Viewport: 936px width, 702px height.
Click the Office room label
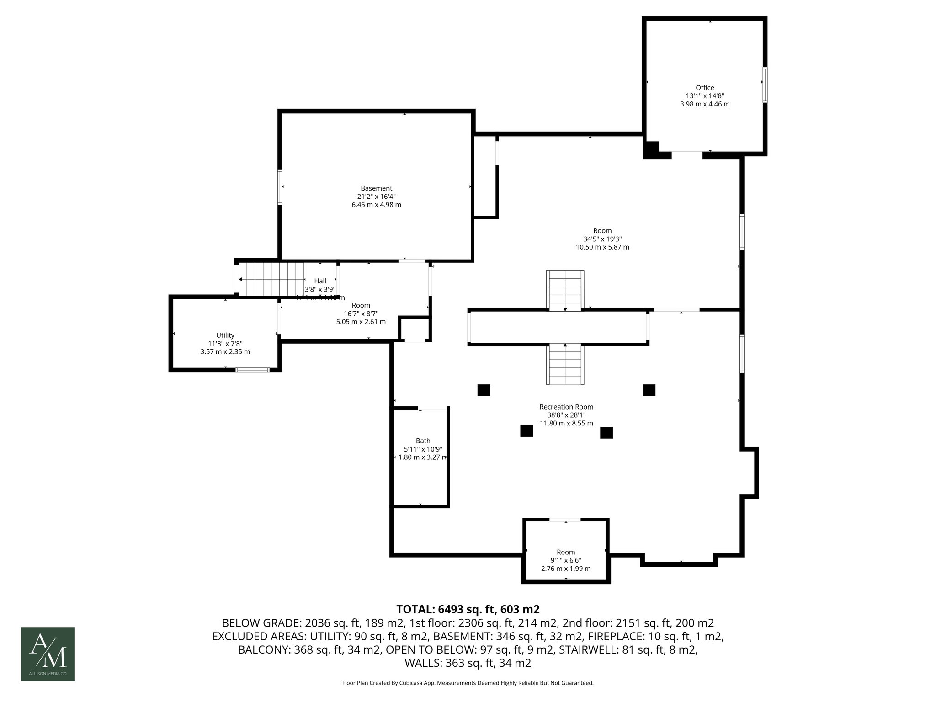tap(704, 88)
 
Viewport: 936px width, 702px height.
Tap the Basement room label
tap(376, 188)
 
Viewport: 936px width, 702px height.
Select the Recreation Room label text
tap(566, 407)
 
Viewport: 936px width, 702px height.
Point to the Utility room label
tap(225, 335)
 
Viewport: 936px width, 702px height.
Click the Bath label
tap(423, 441)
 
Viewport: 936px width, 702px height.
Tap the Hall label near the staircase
tap(320, 281)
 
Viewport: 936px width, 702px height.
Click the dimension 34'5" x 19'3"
tap(602, 239)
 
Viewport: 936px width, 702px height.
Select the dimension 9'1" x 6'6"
tap(566, 560)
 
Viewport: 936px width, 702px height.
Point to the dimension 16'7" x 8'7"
tap(361, 314)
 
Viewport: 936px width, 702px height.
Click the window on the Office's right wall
tap(765, 85)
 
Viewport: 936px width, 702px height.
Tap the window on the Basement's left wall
tap(280, 186)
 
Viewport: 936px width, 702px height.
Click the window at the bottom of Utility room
tap(252, 370)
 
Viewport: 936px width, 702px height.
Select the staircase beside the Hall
tap(272, 279)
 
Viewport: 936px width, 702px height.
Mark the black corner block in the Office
tap(651, 149)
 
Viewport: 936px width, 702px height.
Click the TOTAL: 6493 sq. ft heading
tap(468, 609)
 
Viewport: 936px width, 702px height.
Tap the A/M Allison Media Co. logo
tap(48, 654)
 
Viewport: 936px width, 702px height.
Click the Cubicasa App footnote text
tap(468, 683)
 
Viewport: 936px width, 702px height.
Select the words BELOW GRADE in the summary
tap(261, 623)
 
